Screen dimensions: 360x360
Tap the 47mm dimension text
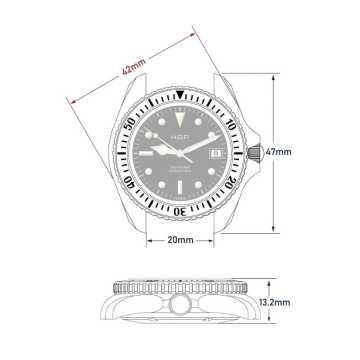coord(280,151)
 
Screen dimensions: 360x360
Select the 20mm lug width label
coord(180,240)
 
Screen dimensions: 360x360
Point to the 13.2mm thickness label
coord(275,301)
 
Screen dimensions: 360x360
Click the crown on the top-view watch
coord(258,152)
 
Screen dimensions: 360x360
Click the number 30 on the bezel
coord(180,210)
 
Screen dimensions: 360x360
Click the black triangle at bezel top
coord(180,96)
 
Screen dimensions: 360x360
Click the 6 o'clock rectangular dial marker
coord(180,189)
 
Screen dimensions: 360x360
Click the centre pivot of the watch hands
coord(180,152)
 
